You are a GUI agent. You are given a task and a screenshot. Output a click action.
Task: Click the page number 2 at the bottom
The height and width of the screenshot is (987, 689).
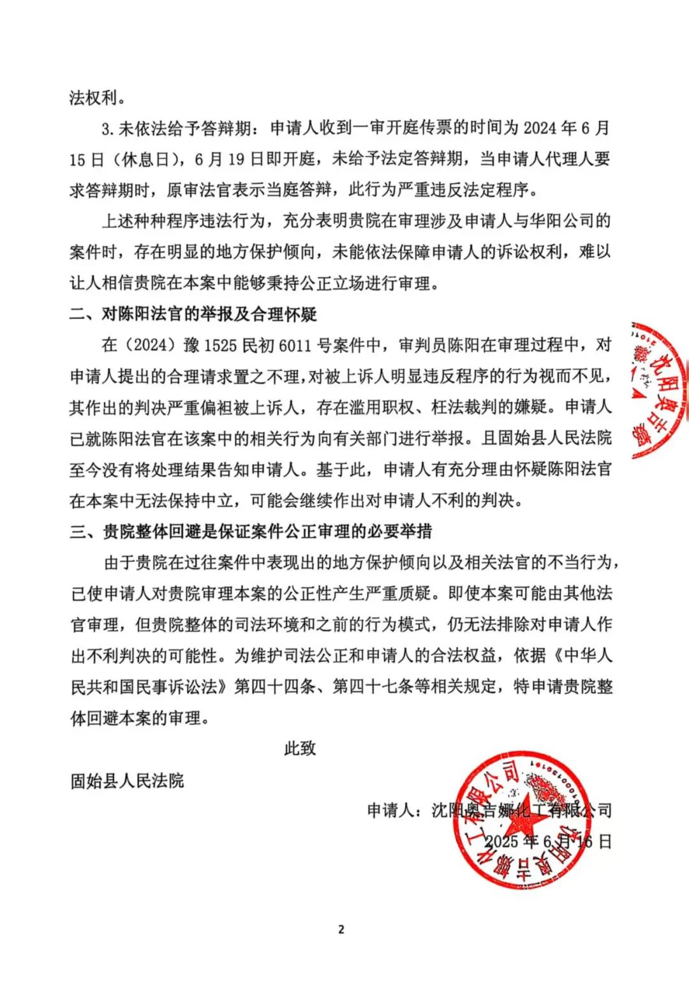(341, 929)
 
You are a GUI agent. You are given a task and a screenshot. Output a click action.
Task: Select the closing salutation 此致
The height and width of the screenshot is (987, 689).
(300, 748)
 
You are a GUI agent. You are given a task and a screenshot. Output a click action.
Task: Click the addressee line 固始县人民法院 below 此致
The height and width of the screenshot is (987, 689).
(127, 780)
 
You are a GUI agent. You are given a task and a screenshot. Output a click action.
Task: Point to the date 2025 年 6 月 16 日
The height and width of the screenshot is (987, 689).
(548, 841)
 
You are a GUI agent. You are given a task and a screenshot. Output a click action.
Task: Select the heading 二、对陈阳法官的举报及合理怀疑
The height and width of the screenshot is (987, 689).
(193, 314)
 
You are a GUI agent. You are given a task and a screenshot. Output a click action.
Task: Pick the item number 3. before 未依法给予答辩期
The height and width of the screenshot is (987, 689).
(108, 128)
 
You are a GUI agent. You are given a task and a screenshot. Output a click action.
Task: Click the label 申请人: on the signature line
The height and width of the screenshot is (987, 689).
(394, 810)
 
